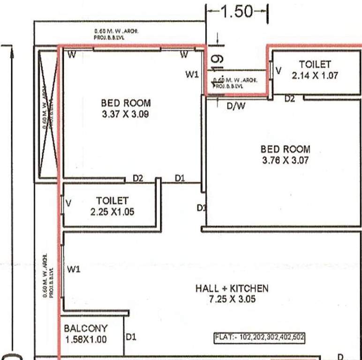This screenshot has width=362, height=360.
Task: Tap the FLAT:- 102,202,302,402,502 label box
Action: click(259, 337)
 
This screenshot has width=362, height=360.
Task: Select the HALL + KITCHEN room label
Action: click(232, 288)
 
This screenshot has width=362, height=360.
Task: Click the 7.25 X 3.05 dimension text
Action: click(232, 299)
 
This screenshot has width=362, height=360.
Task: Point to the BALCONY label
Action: click(86, 329)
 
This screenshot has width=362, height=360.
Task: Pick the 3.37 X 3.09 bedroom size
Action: click(125, 113)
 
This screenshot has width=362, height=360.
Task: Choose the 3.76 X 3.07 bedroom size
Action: click(285, 160)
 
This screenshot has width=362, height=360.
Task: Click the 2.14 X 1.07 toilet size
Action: click(315, 75)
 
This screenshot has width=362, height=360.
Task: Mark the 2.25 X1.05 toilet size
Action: click(112, 211)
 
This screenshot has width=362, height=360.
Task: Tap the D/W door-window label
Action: click(236, 106)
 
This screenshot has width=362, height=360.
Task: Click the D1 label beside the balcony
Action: click(131, 337)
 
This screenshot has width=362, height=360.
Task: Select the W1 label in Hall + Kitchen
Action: click(74, 269)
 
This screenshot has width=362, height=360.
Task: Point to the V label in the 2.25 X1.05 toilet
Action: click(69, 203)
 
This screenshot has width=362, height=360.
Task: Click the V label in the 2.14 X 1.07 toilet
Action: click(279, 70)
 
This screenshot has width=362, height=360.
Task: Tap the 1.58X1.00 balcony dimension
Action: click(86, 339)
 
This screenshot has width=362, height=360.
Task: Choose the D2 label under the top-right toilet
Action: click(289, 98)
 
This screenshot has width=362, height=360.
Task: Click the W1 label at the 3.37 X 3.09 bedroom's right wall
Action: click(192, 74)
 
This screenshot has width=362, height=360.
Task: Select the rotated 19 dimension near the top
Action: click(217, 60)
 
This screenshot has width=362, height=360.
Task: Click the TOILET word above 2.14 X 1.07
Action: click(315, 64)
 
